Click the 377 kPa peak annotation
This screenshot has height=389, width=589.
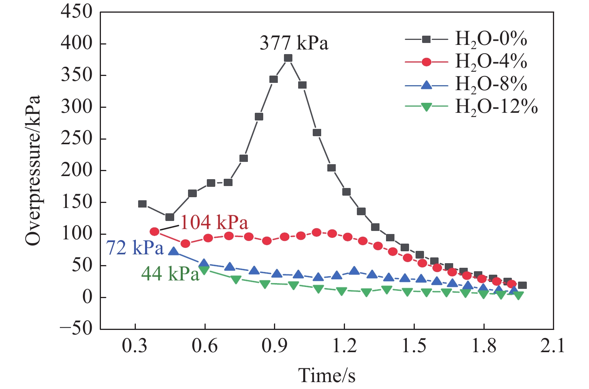click(294, 43)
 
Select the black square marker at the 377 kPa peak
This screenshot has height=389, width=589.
click(288, 58)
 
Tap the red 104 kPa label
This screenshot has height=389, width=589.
click(214, 223)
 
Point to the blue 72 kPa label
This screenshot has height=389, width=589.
click(135, 248)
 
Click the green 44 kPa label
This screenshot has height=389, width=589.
click(170, 274)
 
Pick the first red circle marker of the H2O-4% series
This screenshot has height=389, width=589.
click(155, 232)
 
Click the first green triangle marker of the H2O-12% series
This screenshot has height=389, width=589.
click(204, 270)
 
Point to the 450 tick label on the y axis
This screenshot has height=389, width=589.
click(76, 12)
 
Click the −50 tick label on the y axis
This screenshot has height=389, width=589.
click(76, 329)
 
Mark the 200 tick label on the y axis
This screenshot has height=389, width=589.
click(76, 170)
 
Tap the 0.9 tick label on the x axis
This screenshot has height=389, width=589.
click(274, 346)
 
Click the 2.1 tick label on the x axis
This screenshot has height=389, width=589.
click(553, 346)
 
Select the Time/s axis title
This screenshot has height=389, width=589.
click(327, 375)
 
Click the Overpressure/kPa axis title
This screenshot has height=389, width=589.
click(33, 170)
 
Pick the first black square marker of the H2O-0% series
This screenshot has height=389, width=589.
click(142, 204)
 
